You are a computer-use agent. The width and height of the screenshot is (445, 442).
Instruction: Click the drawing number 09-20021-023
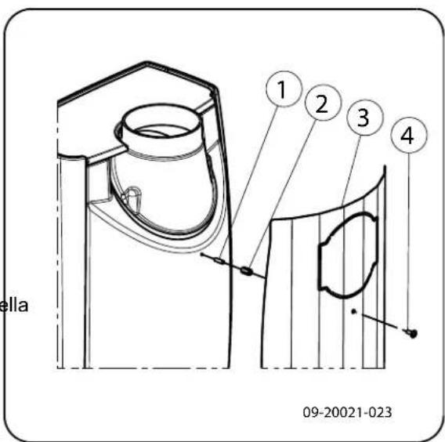(347, 411)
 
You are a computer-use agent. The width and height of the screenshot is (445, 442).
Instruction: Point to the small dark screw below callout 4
(412, 334)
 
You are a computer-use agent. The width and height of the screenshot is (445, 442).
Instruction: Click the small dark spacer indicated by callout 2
(247, 271)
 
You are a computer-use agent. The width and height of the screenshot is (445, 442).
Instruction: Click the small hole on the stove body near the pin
(203, 254)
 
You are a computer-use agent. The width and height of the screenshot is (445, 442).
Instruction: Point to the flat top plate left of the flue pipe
(86, 125)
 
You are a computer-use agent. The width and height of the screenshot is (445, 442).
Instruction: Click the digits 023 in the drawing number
(381, 411)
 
